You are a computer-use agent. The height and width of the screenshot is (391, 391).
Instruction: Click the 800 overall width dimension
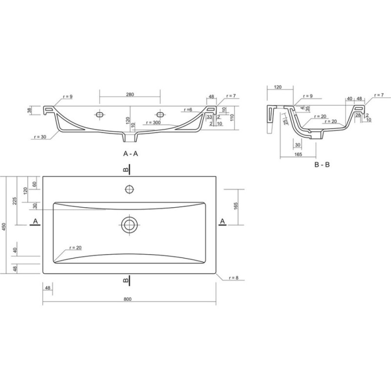[128, 299]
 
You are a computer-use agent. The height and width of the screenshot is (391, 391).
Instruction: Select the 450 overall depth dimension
[4, 227]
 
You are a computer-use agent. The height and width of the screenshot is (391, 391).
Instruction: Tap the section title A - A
[130, 153]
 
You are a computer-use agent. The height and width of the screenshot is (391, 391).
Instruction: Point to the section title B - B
[322, 165]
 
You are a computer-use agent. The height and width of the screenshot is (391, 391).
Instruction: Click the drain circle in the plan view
[129, 225]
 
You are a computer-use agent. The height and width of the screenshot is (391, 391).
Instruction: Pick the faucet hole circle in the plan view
[130, 189]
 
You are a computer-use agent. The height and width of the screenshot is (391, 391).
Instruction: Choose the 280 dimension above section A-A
[130, 94]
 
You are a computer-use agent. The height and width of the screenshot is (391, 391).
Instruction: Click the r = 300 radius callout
[153, 123]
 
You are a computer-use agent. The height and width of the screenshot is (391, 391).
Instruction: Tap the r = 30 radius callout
[40, 137]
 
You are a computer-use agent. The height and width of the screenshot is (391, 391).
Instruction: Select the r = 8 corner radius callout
[234, 278]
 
